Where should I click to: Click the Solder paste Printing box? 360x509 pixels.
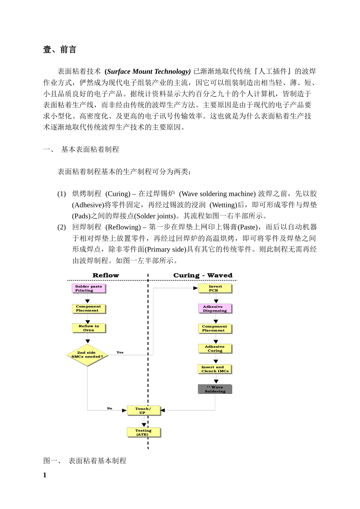coord(89,289)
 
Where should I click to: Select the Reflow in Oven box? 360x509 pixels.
coord(89,328)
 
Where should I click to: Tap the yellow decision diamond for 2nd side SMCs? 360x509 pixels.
coord(87,355)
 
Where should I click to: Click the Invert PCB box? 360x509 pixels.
coord(215,289)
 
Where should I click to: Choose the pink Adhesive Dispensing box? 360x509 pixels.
coord(214,309)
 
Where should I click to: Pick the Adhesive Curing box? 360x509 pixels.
coord(214,348)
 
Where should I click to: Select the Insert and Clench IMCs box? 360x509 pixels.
coord(214,369)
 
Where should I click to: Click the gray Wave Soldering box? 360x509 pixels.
coord(214,389)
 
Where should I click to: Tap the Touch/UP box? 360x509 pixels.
coord(143,411)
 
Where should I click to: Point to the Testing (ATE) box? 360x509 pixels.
coord(143,432)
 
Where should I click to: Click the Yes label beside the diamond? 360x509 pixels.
coord(120,353)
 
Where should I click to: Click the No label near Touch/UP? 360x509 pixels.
coord(110,409)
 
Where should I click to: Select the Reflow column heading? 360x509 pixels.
coord(106,275)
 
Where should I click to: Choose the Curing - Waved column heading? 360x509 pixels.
coord(203,275)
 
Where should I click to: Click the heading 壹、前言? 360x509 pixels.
coord(60,50)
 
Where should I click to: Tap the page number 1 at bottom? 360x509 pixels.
coord(45,475)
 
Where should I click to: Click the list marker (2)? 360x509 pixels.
coord(62,227)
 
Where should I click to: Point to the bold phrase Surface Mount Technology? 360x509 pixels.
coord(147,72)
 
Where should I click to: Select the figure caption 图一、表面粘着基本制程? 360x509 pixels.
coord(85,461)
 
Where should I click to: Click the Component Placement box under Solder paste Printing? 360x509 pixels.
coord(89,308)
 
